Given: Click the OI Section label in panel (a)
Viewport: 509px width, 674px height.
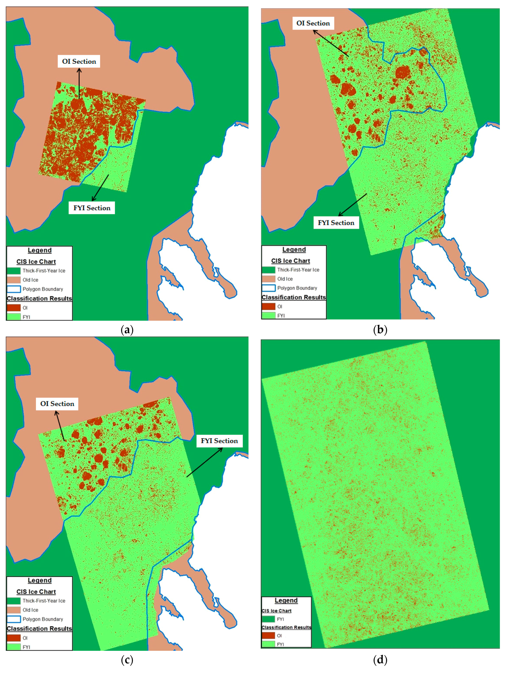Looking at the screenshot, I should pos(79,62).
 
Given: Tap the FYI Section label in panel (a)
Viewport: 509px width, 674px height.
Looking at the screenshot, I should pos(92,208).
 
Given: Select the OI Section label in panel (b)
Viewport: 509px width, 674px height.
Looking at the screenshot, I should pos(313,23).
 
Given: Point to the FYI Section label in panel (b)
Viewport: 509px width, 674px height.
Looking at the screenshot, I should pos(336,223).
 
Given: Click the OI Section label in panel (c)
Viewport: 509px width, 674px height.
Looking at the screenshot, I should pos(57,404).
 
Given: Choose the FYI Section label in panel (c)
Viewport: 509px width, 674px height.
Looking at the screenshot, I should pos(219,441).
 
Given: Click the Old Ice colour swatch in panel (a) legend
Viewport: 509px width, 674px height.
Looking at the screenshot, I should pos(14,280).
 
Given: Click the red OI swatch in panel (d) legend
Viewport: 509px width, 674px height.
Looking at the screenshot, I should pos(268,636).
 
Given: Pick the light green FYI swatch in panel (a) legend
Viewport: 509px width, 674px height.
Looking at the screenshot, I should pos(14,317).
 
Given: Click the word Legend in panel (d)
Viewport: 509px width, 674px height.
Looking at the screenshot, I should pos(286,601).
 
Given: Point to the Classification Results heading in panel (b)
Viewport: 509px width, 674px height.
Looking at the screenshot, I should pos(294,297).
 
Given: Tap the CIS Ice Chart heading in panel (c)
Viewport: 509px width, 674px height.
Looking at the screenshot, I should pos(36,592).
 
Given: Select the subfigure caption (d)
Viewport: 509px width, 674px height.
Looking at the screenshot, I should pos(380,660).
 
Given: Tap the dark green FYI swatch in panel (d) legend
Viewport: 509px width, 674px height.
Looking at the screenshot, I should pos(268,619).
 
